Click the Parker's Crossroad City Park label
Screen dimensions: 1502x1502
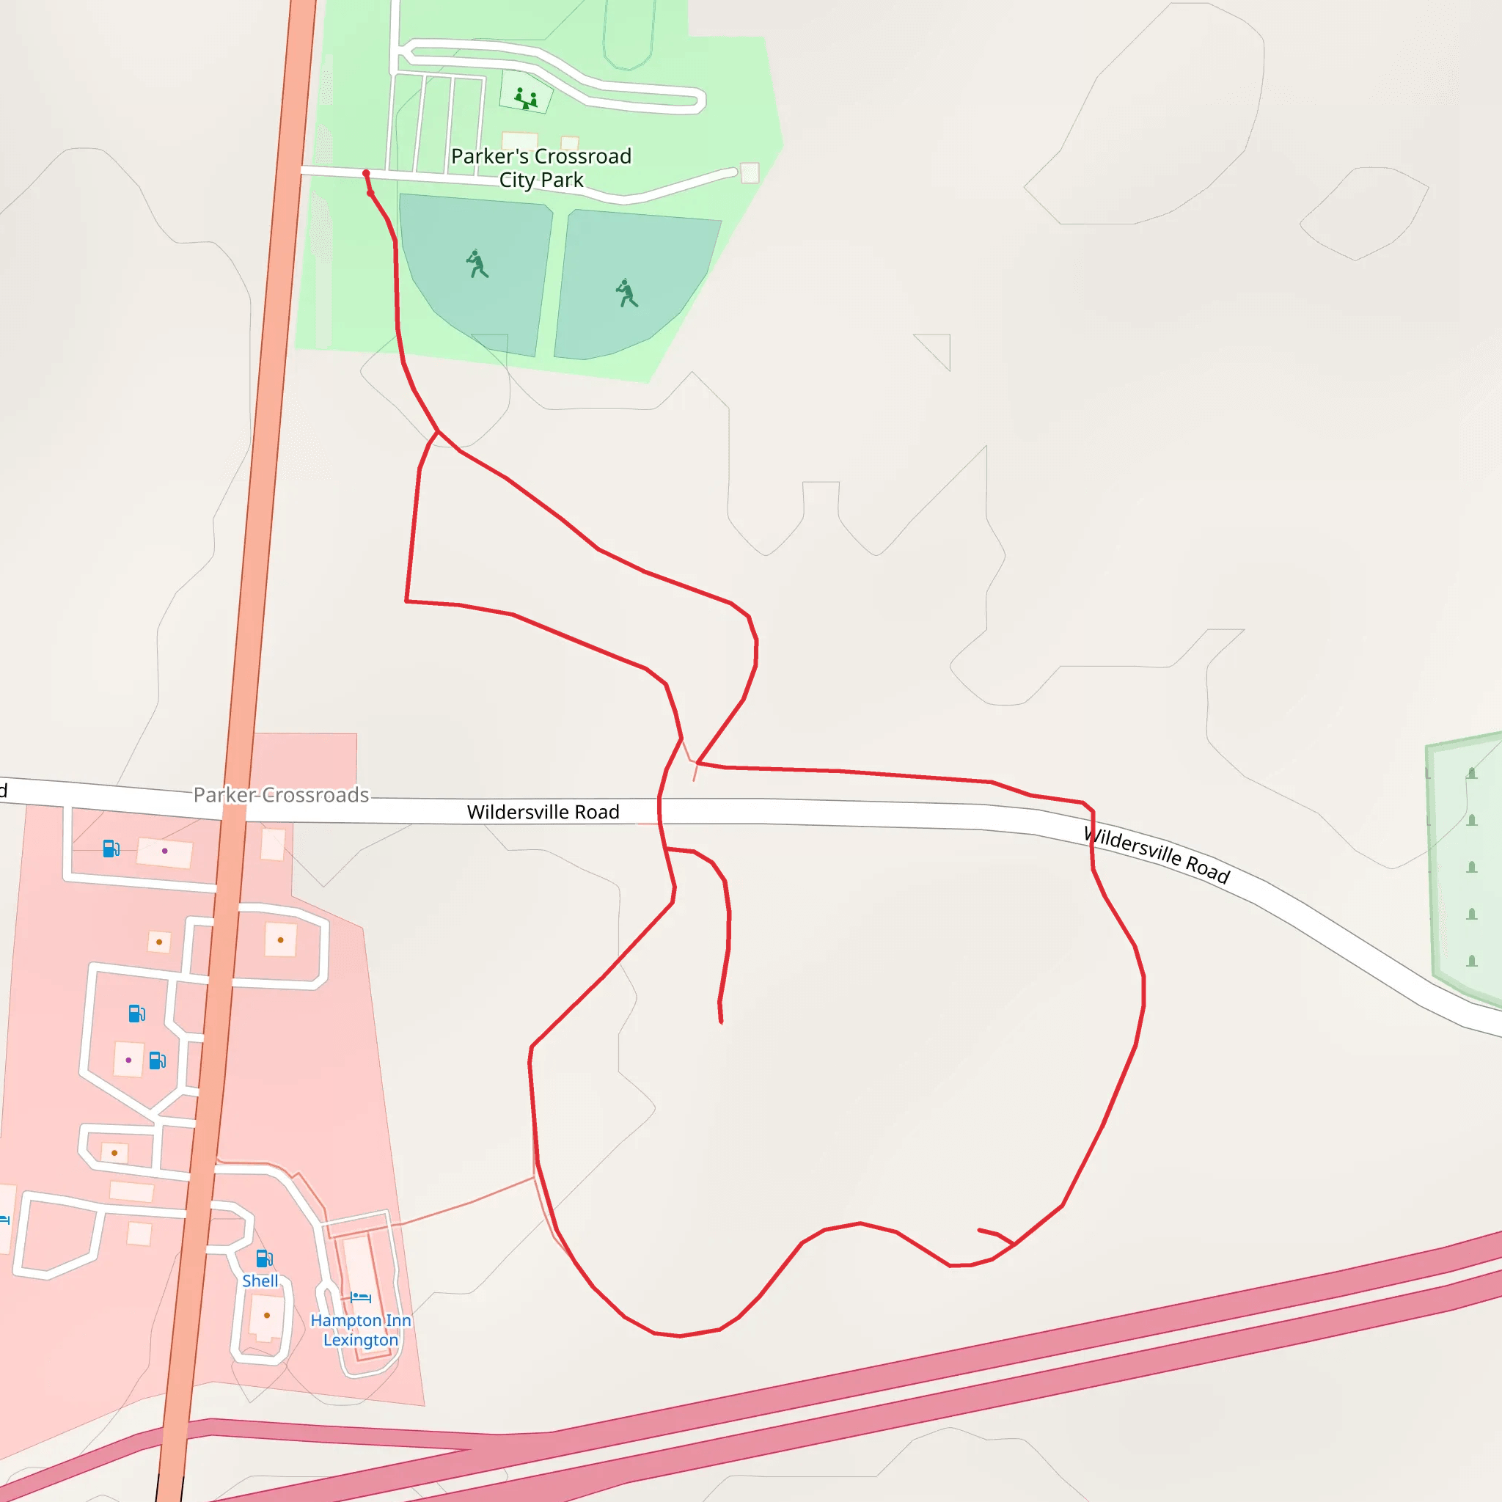click(541, 168)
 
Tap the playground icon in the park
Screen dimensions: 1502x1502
click(527, 99)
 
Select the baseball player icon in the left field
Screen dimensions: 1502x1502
click(477, 264)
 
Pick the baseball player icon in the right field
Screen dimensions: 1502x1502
click(626, 294)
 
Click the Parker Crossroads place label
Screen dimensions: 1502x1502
click(281, 794)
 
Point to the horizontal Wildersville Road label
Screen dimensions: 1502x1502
click(543, 812)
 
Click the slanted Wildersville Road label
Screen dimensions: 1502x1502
click(1156, 855)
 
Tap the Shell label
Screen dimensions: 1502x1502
click(260, 1281)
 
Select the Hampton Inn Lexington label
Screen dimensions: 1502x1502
click(361, 1330)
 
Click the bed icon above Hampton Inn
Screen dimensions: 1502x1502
click(360, 1297)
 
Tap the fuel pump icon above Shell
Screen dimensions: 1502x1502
click(264, 1258)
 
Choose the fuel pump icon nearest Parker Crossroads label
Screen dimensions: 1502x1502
click(111, 849)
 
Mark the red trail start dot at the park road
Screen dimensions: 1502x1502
click(366, 173)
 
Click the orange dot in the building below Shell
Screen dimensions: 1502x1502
click(267, 1316)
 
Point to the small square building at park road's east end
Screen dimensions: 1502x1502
click(750, 172)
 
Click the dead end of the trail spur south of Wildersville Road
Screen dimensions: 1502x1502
click(721, 1022)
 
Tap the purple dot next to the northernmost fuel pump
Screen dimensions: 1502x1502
click(164, 851)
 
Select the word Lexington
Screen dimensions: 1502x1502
click(361, 1339)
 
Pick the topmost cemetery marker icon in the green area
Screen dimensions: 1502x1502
click(1471, 773)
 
